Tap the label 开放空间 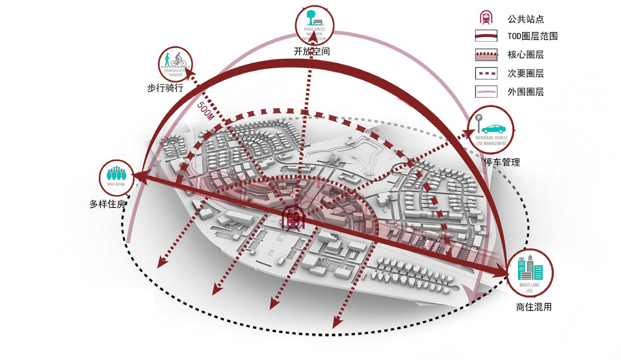pyautogui.click(x=312, y=52)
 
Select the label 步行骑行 pyautogui.click(x=165, y=88)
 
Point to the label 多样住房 pyautogui.click(x=107, y=204)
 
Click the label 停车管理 pyautogui.click(x=502, y=162)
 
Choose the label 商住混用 pyautogui.click(x=534, y=307)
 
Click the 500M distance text pyautogui.click(x=205, y=111)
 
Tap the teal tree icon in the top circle pyautogui.click(x=309, y=17)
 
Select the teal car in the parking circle pyautogui.click(x=494, y=128)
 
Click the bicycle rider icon pyautogui.click(x=179, y=59)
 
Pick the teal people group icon pyautogui.click(x=116, y=174)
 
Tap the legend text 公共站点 pyautogui.click(x=526, y=19)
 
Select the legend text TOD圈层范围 pyautogui.click(x=533, y=36)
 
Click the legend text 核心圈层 pyautogui.click(x=526, y=55)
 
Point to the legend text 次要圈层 pyautogui.click(x=526, y=73)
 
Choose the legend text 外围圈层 pyautogui.click(x=526, y=92)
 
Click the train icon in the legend pyautogui.click(x=486, y=18)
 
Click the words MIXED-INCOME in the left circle pyautogui.click(x=116, y=184)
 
